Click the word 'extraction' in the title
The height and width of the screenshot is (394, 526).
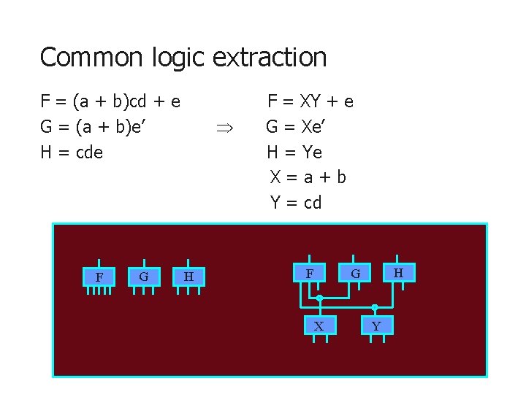pos(270,57)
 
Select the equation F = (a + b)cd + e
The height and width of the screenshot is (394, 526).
pos(110,101)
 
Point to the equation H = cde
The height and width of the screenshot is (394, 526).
pos(72,152)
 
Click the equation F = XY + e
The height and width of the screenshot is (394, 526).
pos(310,101)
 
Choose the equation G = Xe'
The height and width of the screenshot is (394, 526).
pos(297,127)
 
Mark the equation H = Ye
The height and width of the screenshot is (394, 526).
pos(294,152)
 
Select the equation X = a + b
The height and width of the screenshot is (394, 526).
pos(308,177)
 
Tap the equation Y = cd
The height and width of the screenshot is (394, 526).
pos(296,202)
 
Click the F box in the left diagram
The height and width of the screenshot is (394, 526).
pos(99,277)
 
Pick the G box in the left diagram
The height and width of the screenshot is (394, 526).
pos(144,277)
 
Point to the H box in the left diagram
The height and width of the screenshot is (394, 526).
pos(188,277)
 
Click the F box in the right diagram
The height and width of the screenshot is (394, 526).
pos(310,273)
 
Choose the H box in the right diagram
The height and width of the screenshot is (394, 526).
pos(398,272)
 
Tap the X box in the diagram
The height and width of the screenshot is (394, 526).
pos(319,325)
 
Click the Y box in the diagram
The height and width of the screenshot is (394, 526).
pos(376,325)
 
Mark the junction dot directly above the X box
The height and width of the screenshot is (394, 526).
pos(319,298)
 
